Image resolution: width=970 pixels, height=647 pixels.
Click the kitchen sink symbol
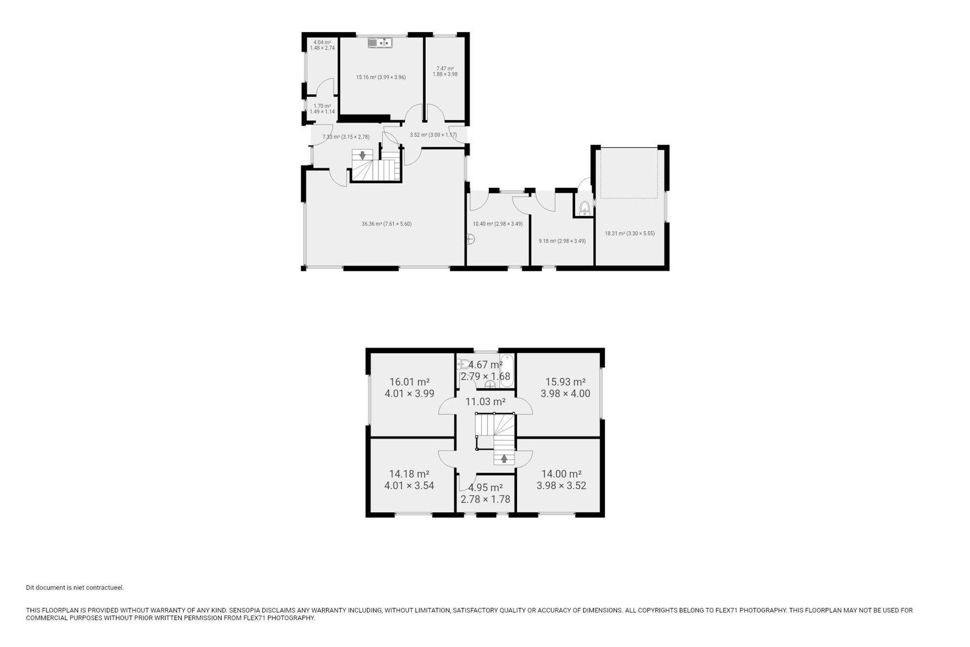pos(380,43)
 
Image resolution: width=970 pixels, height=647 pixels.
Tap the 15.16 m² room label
pos(381,77)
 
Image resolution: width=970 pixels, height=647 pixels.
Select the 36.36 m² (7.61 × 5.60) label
pos(386,224)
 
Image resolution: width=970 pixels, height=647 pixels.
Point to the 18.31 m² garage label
pos(630,233)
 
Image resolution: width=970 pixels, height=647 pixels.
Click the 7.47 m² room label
pos(445,72)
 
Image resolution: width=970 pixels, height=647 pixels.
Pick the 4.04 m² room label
pos(322,45)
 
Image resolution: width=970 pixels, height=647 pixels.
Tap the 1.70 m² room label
pos(322,109)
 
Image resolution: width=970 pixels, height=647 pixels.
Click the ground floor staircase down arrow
pos(362,155)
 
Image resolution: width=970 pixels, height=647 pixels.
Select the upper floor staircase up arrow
pos(504,458)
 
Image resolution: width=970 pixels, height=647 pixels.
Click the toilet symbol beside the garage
pos(585,208)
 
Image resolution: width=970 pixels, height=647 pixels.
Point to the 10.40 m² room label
pos(498,224)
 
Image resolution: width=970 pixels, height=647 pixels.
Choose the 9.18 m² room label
pos(562,241)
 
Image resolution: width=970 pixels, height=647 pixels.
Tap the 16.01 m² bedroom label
pos(410,388)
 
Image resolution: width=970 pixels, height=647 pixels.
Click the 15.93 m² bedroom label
pos(566,388)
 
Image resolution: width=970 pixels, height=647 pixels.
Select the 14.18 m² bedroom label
pos(409,480)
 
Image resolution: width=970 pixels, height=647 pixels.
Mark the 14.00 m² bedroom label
pos(562,480)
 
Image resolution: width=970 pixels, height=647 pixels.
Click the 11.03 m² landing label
pos(485,402)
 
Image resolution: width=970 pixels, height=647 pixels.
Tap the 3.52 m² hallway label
pos(433,135)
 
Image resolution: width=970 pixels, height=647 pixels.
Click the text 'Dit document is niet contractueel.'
pos(75,588)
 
